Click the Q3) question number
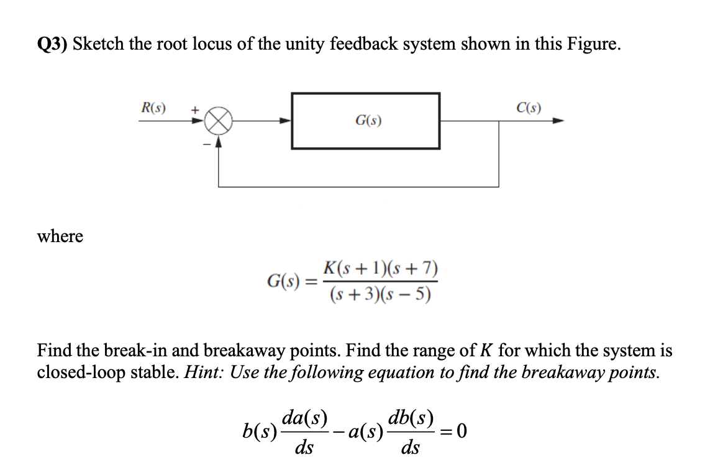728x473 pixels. coord(53,45)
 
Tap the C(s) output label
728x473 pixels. coord(528,107)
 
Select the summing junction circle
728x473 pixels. coord(218,121)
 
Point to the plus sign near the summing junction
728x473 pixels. coord(194,109)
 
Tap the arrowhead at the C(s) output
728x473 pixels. coord(558,121)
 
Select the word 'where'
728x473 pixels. coord(60,237)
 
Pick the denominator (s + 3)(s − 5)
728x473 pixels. coord(380,294)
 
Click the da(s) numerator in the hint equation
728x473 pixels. coord(304,416)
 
